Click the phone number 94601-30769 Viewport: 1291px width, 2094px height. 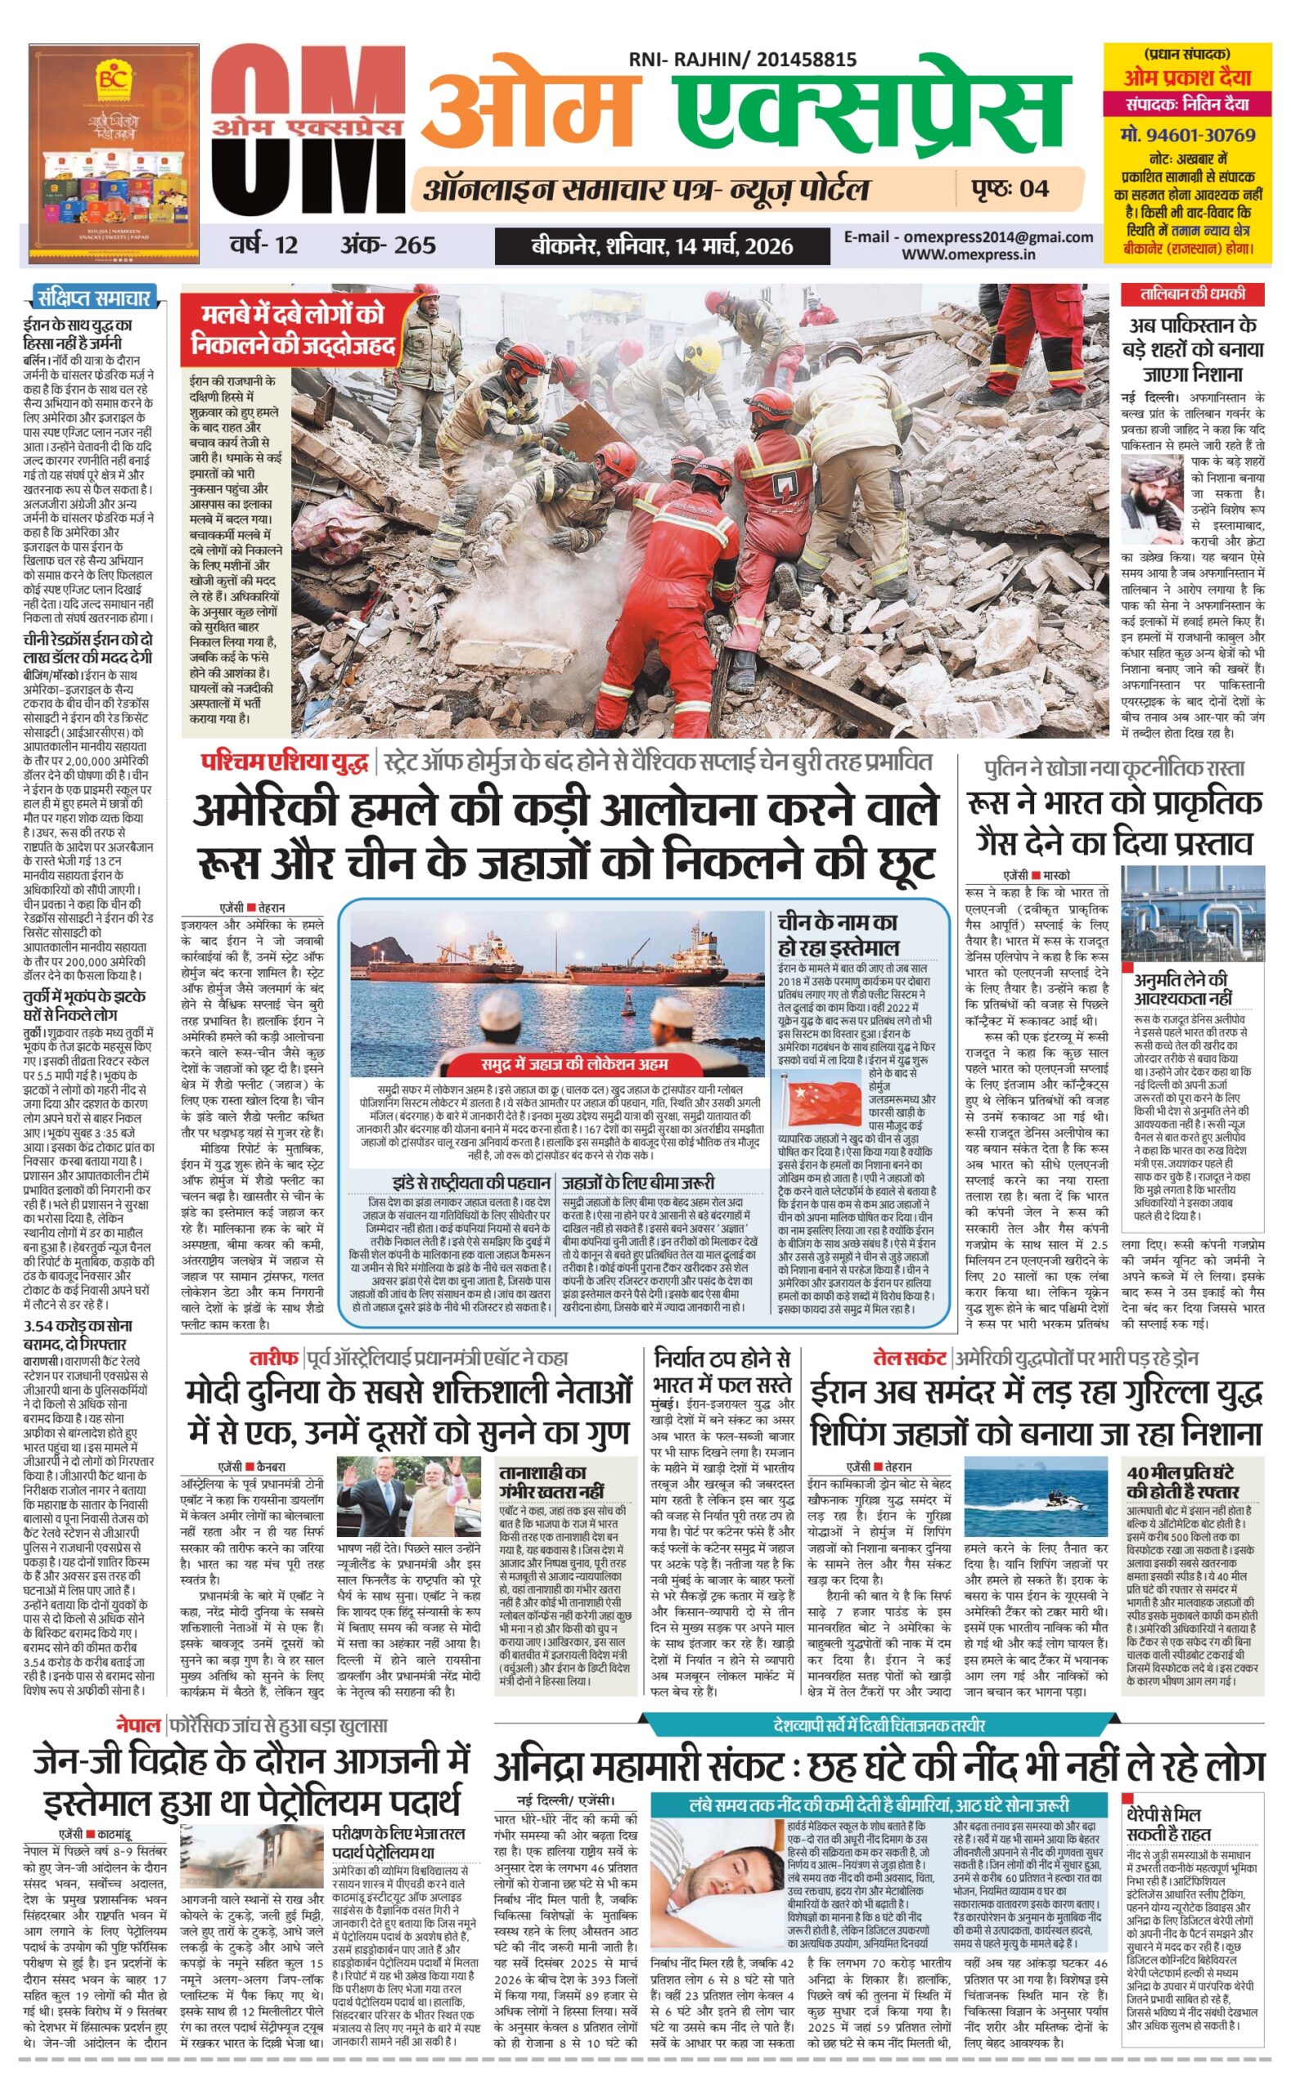[x=1188, y=135]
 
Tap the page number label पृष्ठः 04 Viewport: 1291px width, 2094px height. [x=1010, y=188]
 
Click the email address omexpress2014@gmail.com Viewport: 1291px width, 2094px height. [x=969, y=237]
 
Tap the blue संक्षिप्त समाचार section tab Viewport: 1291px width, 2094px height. [x=92, y=298]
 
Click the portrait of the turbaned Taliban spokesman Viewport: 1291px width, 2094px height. [x=1152, y=501]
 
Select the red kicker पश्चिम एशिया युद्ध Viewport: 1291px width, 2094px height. [x=286, y=762]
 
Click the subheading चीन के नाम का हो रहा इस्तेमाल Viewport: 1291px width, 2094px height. [x=837, y=933]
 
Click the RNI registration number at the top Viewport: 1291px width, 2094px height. [x=742, y=59]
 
